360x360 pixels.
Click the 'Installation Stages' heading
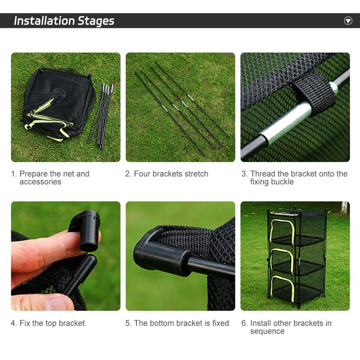click(x=64, y=21)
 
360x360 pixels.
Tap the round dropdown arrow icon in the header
click(x=348, y=21)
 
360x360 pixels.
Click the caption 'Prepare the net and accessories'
click(x=50, y=178)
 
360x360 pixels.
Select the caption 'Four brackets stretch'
click(x=167, y=174)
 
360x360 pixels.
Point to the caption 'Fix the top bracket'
click(x=48, y=323)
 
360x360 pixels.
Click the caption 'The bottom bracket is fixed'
click(x=177, y=323)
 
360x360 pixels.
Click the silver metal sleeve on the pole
click(x=288, y=121)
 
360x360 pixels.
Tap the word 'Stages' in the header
click(x=96, y=21)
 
